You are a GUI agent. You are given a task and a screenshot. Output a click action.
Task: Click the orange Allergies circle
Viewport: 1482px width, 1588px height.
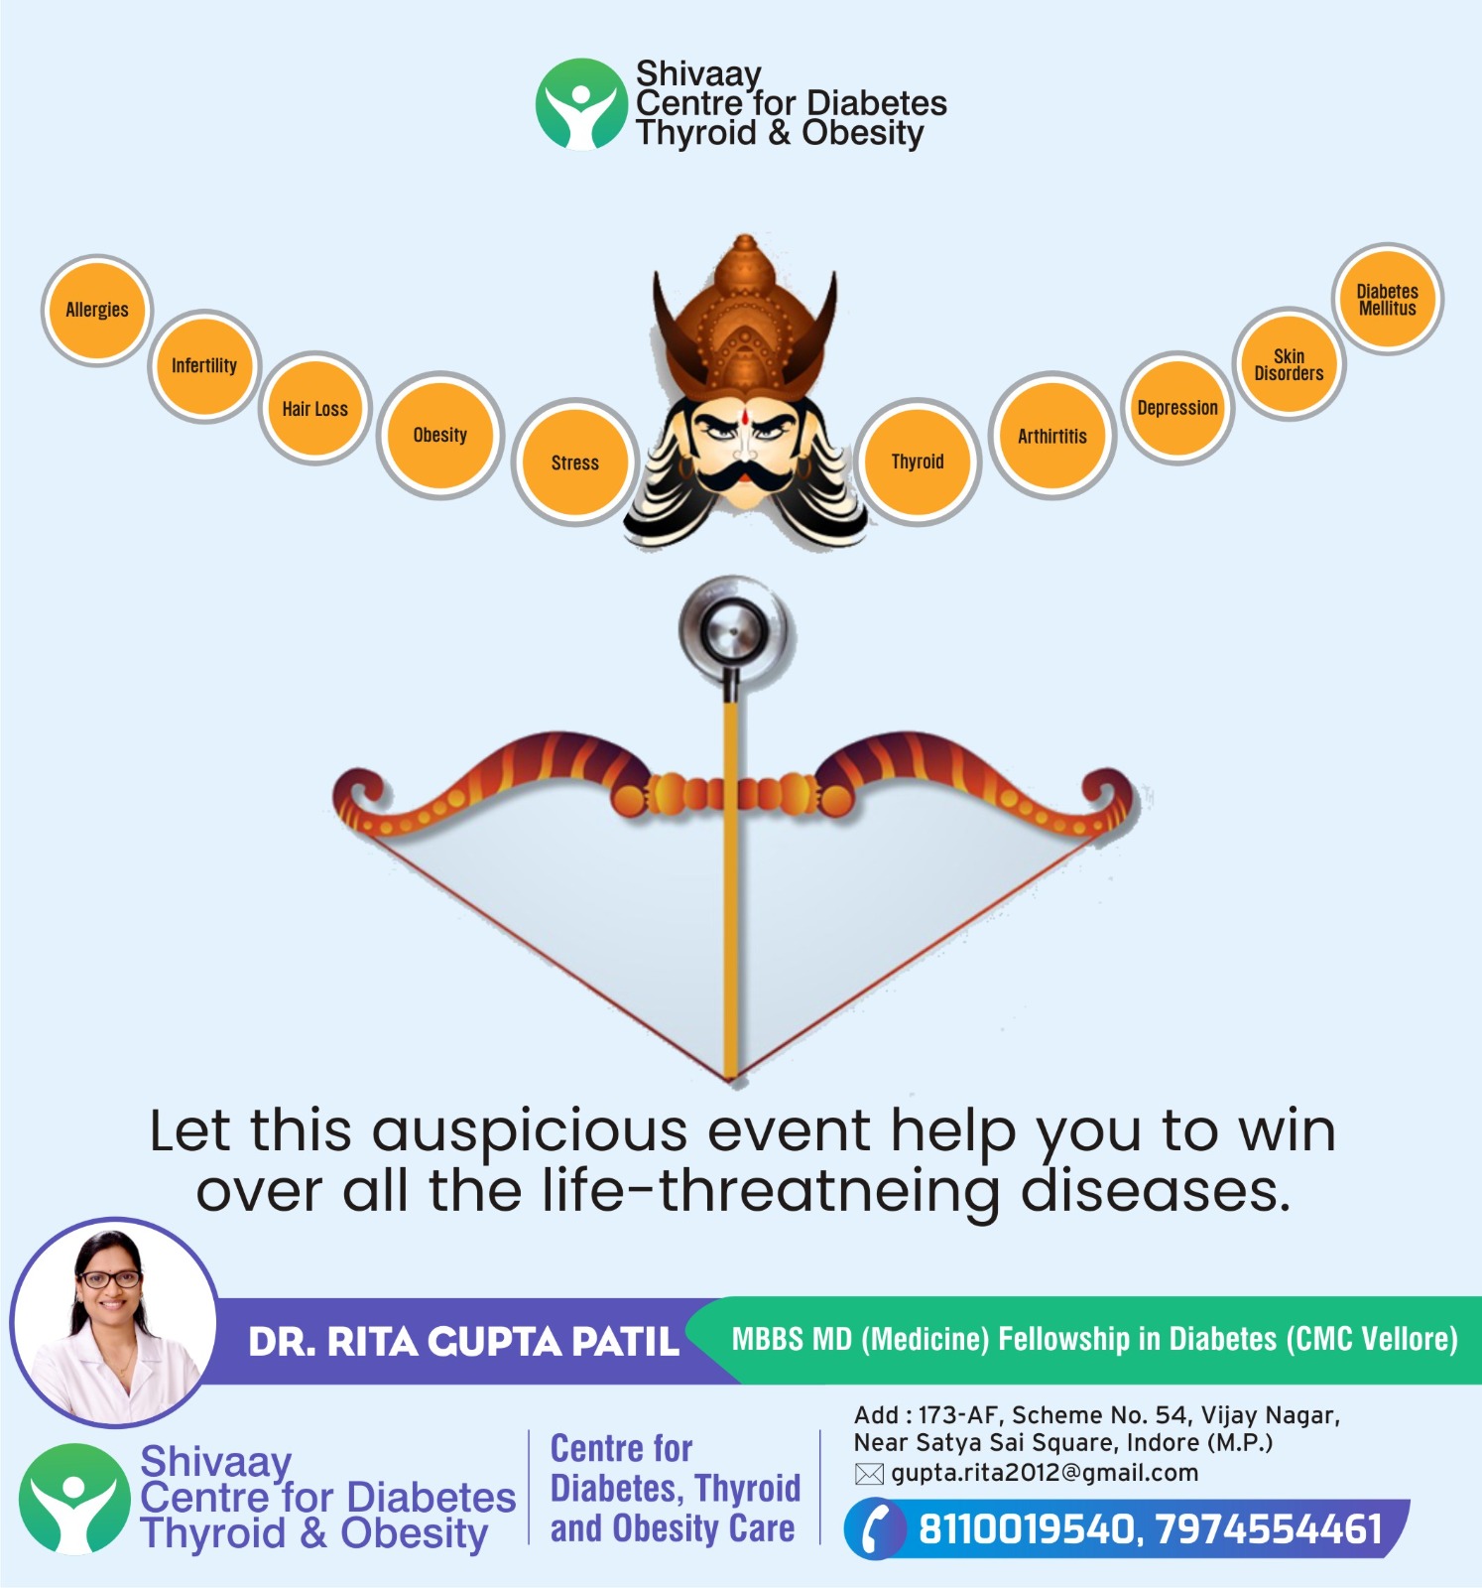97,311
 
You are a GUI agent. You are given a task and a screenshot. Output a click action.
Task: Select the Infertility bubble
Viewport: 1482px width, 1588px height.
204,366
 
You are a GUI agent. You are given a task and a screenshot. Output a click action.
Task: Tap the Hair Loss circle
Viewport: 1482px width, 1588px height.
315,408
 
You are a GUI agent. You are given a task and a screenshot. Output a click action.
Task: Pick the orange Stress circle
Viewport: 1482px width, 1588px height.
575,463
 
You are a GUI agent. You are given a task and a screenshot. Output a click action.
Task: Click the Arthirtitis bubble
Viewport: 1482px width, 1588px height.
1052,436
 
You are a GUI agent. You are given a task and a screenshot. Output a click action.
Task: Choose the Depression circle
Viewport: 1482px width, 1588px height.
1177,408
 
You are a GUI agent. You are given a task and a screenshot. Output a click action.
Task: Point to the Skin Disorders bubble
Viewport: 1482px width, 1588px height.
1289,364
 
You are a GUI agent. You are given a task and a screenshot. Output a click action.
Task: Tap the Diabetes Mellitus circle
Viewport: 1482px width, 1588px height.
1387,300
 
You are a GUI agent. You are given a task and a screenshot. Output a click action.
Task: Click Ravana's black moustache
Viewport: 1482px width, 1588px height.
744,474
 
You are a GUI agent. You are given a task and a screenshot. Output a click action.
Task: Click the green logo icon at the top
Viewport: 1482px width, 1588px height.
581,104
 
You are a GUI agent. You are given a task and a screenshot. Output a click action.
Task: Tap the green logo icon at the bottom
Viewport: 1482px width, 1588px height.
74,1499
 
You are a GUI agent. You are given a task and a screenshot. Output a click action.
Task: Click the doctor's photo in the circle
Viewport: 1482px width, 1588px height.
113,1322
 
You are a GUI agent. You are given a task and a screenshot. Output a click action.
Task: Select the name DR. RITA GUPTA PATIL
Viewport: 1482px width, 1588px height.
463,1342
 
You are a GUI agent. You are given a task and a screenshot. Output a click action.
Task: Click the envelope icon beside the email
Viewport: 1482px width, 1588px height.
869,1474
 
